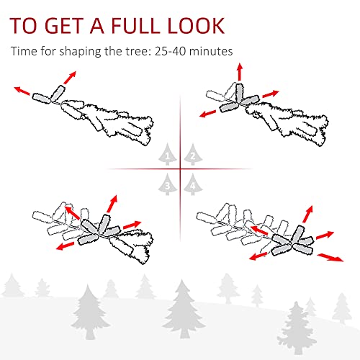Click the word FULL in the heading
tap(136, 25)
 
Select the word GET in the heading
tap(63, 25)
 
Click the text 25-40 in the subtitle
tap(170, 51)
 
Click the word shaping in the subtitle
tap(80, 52)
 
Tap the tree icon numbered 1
tap(168, 154)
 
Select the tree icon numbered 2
tap(193, 154)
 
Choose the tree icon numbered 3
tap(168, 184)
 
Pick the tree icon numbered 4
tap(193, 184)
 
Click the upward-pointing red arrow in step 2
tap(239, 72)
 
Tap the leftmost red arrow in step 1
tap(22, 91)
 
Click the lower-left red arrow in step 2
tap(209, 114)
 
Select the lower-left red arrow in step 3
tap(65, 246)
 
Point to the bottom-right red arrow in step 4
tap(330, 258)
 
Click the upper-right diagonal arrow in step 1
tap(70, 77)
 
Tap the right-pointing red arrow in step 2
tap(271, 94)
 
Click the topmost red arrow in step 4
tap(308, 214)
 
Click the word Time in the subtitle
tap(23, 51)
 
